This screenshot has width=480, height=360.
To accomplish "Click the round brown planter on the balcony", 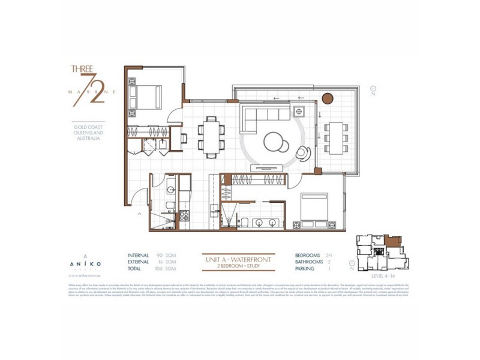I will pyautogui.click(x=328, y=98).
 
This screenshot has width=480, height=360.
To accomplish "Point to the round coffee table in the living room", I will pyautogui.click(x=275, y=143).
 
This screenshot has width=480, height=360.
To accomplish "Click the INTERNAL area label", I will pyautogui.click(x=138, y=255).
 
